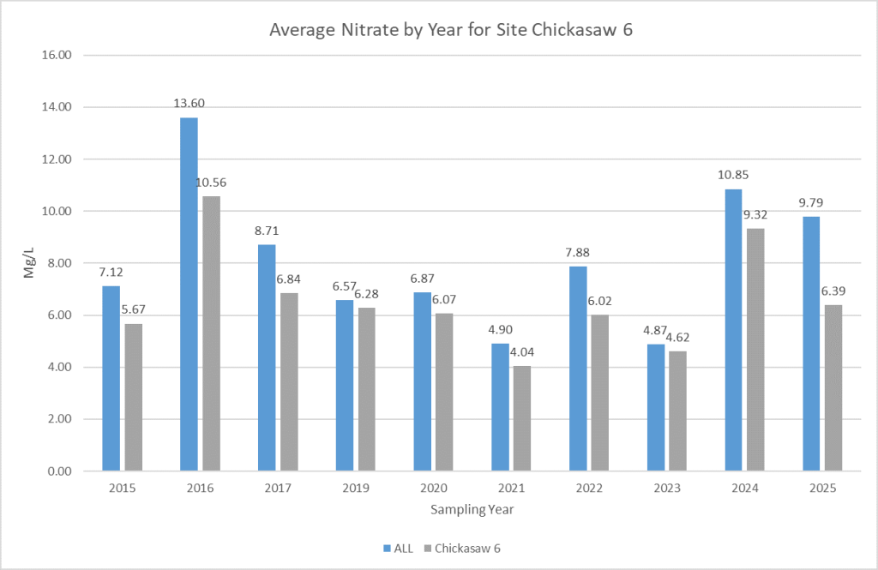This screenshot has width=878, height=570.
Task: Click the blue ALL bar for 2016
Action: coord(189,294)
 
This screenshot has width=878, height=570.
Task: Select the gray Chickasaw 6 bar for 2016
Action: coord(211,333)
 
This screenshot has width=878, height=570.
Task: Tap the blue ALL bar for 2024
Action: coord(734,330)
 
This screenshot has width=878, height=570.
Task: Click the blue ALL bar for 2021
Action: coord(500,407)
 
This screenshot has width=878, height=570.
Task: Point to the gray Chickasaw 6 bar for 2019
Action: coord(367,389)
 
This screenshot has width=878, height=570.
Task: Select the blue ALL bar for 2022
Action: coord(578,369)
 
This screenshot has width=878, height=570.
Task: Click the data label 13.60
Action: coord(189,104)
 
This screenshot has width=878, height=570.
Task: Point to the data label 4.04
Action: coord(523,352)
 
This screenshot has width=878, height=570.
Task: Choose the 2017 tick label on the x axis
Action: coord(278,489)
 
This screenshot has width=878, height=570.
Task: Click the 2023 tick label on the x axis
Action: coord(667,489)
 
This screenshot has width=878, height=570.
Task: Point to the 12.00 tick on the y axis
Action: coord(55,159)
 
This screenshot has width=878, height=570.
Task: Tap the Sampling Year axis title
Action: coord(472,508)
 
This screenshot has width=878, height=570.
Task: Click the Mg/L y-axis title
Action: coord(28,263)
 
